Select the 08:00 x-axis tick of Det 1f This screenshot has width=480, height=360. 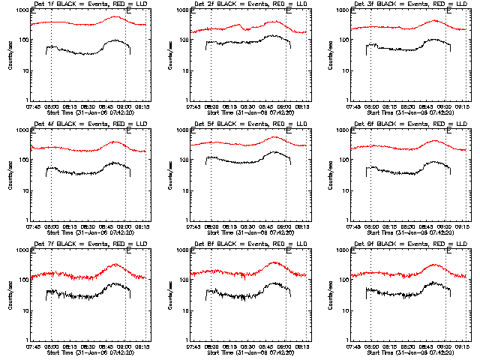coord(52,106)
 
